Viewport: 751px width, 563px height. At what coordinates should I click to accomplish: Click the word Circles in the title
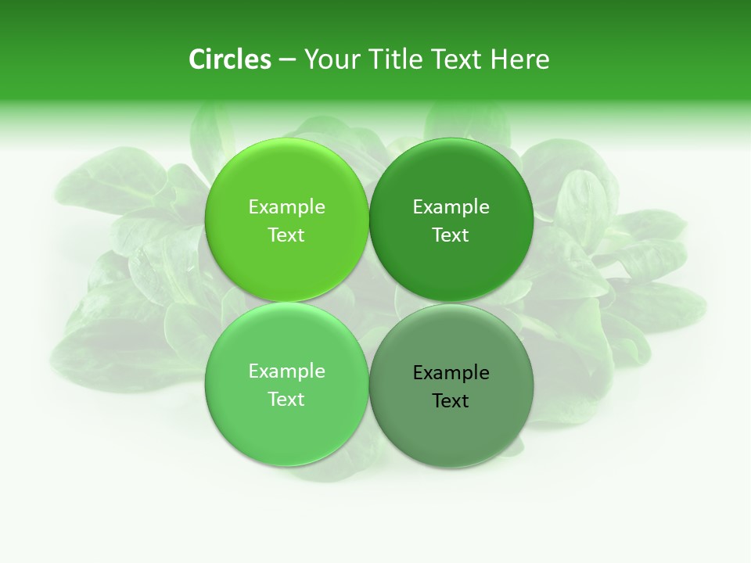click(x=230, y=59)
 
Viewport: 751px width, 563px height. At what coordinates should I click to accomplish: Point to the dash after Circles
click(x=287, y=60)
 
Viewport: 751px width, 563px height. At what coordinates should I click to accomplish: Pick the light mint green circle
click(x=286, y=422)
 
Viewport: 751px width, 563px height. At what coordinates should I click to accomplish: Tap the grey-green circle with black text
click(x=451, y=426)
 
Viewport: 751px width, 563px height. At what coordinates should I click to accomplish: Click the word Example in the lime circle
click(x=286, y=206)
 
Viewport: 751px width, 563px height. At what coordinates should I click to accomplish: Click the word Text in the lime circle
click(x=286, y=235)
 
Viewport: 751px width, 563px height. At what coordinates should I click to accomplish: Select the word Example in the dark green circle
click(x=451, y=206)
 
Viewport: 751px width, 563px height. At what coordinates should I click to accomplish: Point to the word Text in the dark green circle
click(x=451, y=235)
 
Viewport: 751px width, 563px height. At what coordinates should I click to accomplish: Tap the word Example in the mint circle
click(x=286, y=371)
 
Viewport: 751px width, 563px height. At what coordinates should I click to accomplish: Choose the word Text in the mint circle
click(x=286, y=399)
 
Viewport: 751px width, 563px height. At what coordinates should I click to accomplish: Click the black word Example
click(x=451, y=372)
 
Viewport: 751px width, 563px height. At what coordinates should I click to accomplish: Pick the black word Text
click(x=451, y=400)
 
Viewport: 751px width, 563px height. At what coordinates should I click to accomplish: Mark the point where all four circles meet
click(x=369, y=303)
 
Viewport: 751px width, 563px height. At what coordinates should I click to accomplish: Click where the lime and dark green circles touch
click(x=369, y=221)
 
